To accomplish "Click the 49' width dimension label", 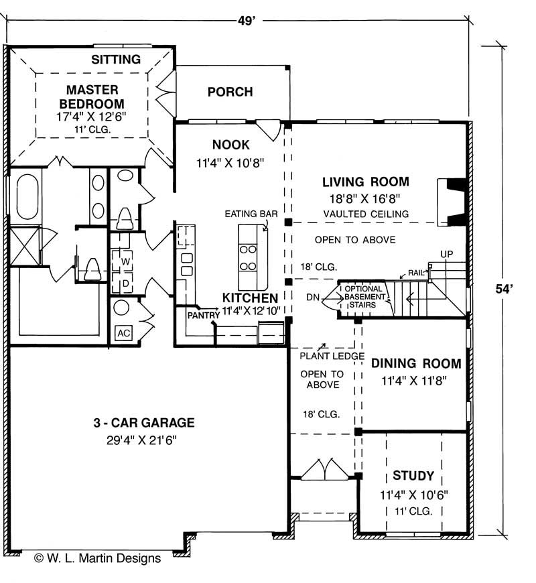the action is coord(247,21).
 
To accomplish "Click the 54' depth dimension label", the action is coord(505,289).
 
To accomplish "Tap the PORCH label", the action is coord(230,92).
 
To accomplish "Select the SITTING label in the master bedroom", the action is coord(116,60).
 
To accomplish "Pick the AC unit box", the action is coord(123,333).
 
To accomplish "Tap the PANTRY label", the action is coord(203,316).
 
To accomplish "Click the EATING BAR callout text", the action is coord(251,214).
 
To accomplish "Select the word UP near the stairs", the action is coord(446,254).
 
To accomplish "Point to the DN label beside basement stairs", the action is coord(313,298).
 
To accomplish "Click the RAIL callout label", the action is coord(416,273).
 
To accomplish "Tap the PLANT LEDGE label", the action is coord(332,357).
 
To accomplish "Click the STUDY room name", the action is coord(413,476).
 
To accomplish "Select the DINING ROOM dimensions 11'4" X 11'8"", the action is coord(413,381).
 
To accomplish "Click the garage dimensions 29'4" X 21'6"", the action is coord(141,440).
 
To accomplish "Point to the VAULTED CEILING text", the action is coord(366,214).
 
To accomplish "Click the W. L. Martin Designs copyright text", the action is coord(97,558).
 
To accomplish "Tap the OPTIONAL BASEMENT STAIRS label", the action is coord(364,297).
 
